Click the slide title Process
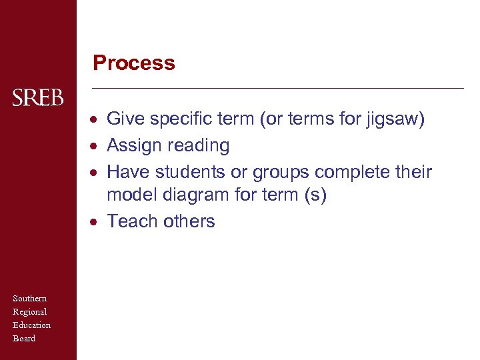tap(134, 63)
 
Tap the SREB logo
tap(38, 99)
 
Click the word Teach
tap(133, 221)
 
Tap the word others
tap(189, 221)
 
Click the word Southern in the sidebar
tap(30, 299)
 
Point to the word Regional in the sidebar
tap(30, 312)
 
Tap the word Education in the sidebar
tap(32, 325)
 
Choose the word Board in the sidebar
tap(24, 339)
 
